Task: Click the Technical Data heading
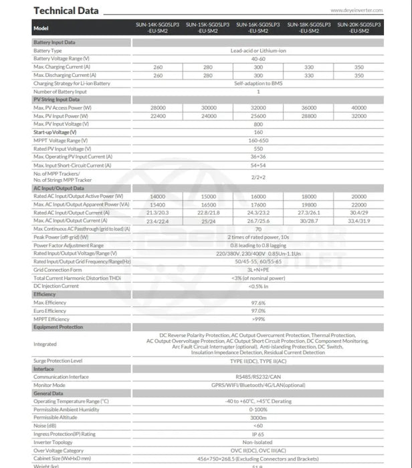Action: pyautogui.click(x=66, y=10)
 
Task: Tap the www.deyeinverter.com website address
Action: pyautogui.click(x=365, y=11)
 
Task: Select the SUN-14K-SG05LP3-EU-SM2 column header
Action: pyautogui.click(x=158, y=27)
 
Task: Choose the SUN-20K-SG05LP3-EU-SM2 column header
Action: pyautogui.click(x=359, y=27)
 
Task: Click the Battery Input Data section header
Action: pyautogui.click(x=54, y=42)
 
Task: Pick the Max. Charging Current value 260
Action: pyautogui.click(x=158, y=68)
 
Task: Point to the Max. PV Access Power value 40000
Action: pyautogui.click(x=359, y=108)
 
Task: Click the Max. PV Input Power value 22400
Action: pyautogui.click(x=158, y=116)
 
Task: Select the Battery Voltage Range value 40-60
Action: pyautogui.click(x=258, y=59)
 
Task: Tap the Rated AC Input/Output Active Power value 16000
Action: pyautogui.click(x=258, y=196)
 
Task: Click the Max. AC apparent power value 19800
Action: pyautogui.click(x=308, y=204)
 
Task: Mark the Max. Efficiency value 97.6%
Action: pyautogui.click(x=258, y=303)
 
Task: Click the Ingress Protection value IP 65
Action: pyautogui.click(x=258, y=433)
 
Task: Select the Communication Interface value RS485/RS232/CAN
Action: pyautogui.click(x=258, y=376)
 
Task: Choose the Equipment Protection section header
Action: pyautogui.click(x=58, y=328)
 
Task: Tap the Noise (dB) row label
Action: pyautogui.click(x=45, y=425)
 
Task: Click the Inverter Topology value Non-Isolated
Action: pyautogui.click(x=258, y=442)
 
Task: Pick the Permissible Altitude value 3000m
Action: pyautogui.click(x=258, y=417)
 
